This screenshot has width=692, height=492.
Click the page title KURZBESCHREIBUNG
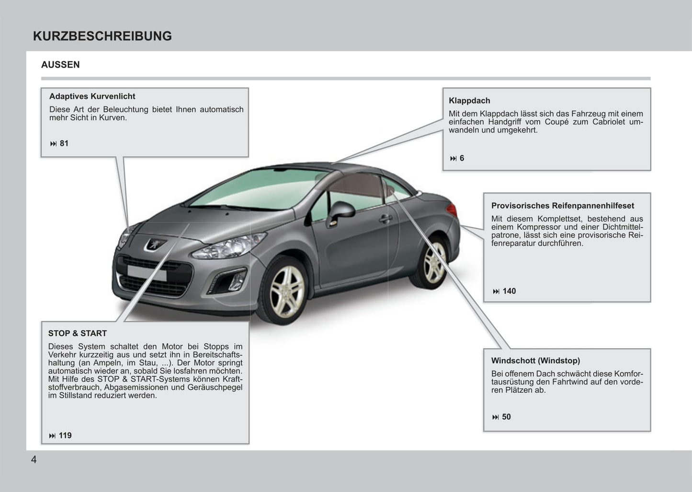(x=102, y=36)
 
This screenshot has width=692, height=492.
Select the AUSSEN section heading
(x=60, y=65)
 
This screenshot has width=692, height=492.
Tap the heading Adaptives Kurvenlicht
(x=92, y=96)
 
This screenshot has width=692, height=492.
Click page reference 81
(x=64, y=143)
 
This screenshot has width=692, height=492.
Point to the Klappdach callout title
(x=469, y=101)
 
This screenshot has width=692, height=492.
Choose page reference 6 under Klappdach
(x=462, y=158)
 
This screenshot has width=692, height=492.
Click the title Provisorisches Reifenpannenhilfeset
(x=562, y=206)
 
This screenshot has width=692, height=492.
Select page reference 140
(x=509, y=291)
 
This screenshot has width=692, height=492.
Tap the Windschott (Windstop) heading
(x=535, y=361)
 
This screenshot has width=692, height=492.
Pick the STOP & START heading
(x=77, y=333)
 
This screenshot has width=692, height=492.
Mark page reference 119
(x=65, y=435)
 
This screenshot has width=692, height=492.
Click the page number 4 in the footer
(x=34, y=460)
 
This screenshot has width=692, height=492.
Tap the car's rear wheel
(x=433, y=263)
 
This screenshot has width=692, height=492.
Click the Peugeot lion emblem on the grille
(x=155, y=245)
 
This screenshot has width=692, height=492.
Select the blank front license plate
(x=147, y=273)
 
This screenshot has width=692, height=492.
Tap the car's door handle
(x=385, y=219)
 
